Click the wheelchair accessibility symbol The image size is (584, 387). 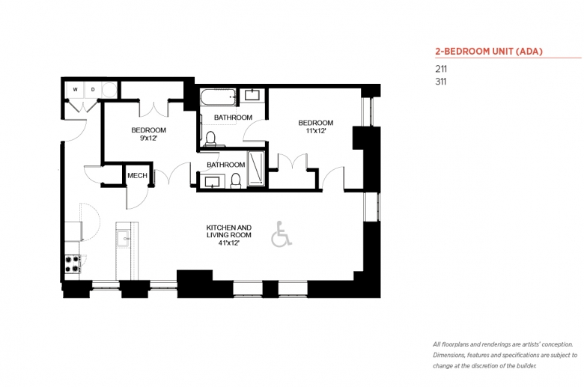click(x=282, y=234)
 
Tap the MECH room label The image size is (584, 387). click(x=137, y=175)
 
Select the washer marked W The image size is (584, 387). click(x=75, y=90)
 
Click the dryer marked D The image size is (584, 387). click(x=93, y=90)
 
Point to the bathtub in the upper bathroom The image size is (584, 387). click(x=218, y=97)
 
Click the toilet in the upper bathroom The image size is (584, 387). click(x=211, y=139)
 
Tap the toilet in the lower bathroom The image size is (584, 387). click(x=236, y=180)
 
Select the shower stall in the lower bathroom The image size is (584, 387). click(x=256, y=168)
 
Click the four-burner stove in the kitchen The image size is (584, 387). click(x=73, y=263)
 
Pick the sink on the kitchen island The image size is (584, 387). click(x=124, y=238)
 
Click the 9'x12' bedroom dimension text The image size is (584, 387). click(x=148, y=138)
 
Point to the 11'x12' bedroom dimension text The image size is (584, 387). click(x=316, y=131)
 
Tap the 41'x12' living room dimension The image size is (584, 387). click(x=228, y=243)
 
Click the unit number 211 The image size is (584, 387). click(x=441, y=69)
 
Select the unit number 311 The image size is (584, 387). click(x=441, y=82)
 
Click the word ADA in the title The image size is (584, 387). click(x=529, y=52)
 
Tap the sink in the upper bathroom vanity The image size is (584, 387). click(x=252, y=94)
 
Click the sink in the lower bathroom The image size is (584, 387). click(x=213, y=182)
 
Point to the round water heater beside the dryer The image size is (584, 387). click(x=109, y=90)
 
